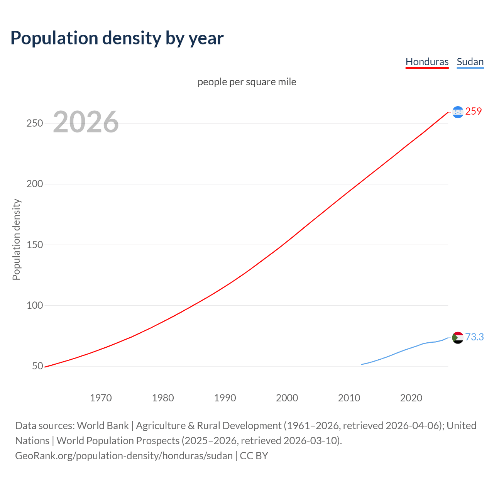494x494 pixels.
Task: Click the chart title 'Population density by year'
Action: [117, 38]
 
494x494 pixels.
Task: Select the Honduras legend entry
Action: [427, 62]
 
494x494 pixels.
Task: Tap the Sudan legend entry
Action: [470, 62]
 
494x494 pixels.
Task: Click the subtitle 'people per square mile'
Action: [247, 82]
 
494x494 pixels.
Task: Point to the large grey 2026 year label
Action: [86, 122]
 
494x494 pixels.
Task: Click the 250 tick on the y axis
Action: [34, 123]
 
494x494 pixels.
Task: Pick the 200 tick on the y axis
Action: [34, 184]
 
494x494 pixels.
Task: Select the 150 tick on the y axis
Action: [34, 245]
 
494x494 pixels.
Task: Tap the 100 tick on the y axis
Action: [34, 305]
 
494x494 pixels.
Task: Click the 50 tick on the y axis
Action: [37, 366]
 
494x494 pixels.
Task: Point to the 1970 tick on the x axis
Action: [101, 398]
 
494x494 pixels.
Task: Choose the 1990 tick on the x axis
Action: [225, 398]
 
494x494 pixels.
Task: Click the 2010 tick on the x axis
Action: [349, 398]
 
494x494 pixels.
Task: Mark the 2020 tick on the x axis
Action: [411, 398]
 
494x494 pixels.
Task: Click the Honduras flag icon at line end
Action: [458, 112]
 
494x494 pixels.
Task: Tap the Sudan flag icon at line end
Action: [458, 338]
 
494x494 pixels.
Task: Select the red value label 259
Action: [474, 112]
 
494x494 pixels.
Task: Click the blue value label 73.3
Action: [474, 337]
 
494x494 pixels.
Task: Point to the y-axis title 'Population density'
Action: [16, 239]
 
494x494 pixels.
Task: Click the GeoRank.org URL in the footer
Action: [124, 456]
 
